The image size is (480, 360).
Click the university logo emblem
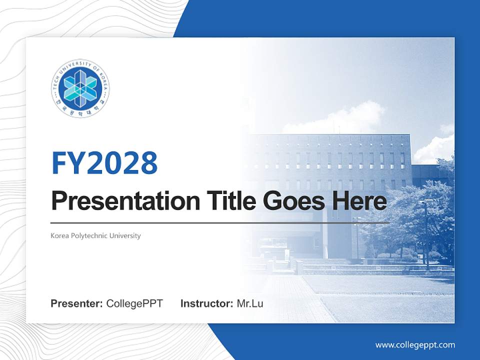[x=80, y=88]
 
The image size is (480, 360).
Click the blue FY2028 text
[x=104, y=162]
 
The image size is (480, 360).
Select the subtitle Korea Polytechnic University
[x=95, y=235]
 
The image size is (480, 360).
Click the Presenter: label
[x=77, y=303]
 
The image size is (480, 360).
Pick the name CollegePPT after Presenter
[x=134, y=303]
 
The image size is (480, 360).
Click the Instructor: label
[x=206, y=303]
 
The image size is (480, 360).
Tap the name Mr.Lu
[x=249, y=303]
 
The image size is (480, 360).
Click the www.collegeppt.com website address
[x=415, y=345]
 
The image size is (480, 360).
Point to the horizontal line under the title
[x=220, y=222]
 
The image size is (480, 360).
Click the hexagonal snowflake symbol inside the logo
[x=80, y=88]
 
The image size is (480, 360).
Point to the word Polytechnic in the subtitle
[x=91, y=235]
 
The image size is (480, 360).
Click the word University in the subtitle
[x=126, y=235]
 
